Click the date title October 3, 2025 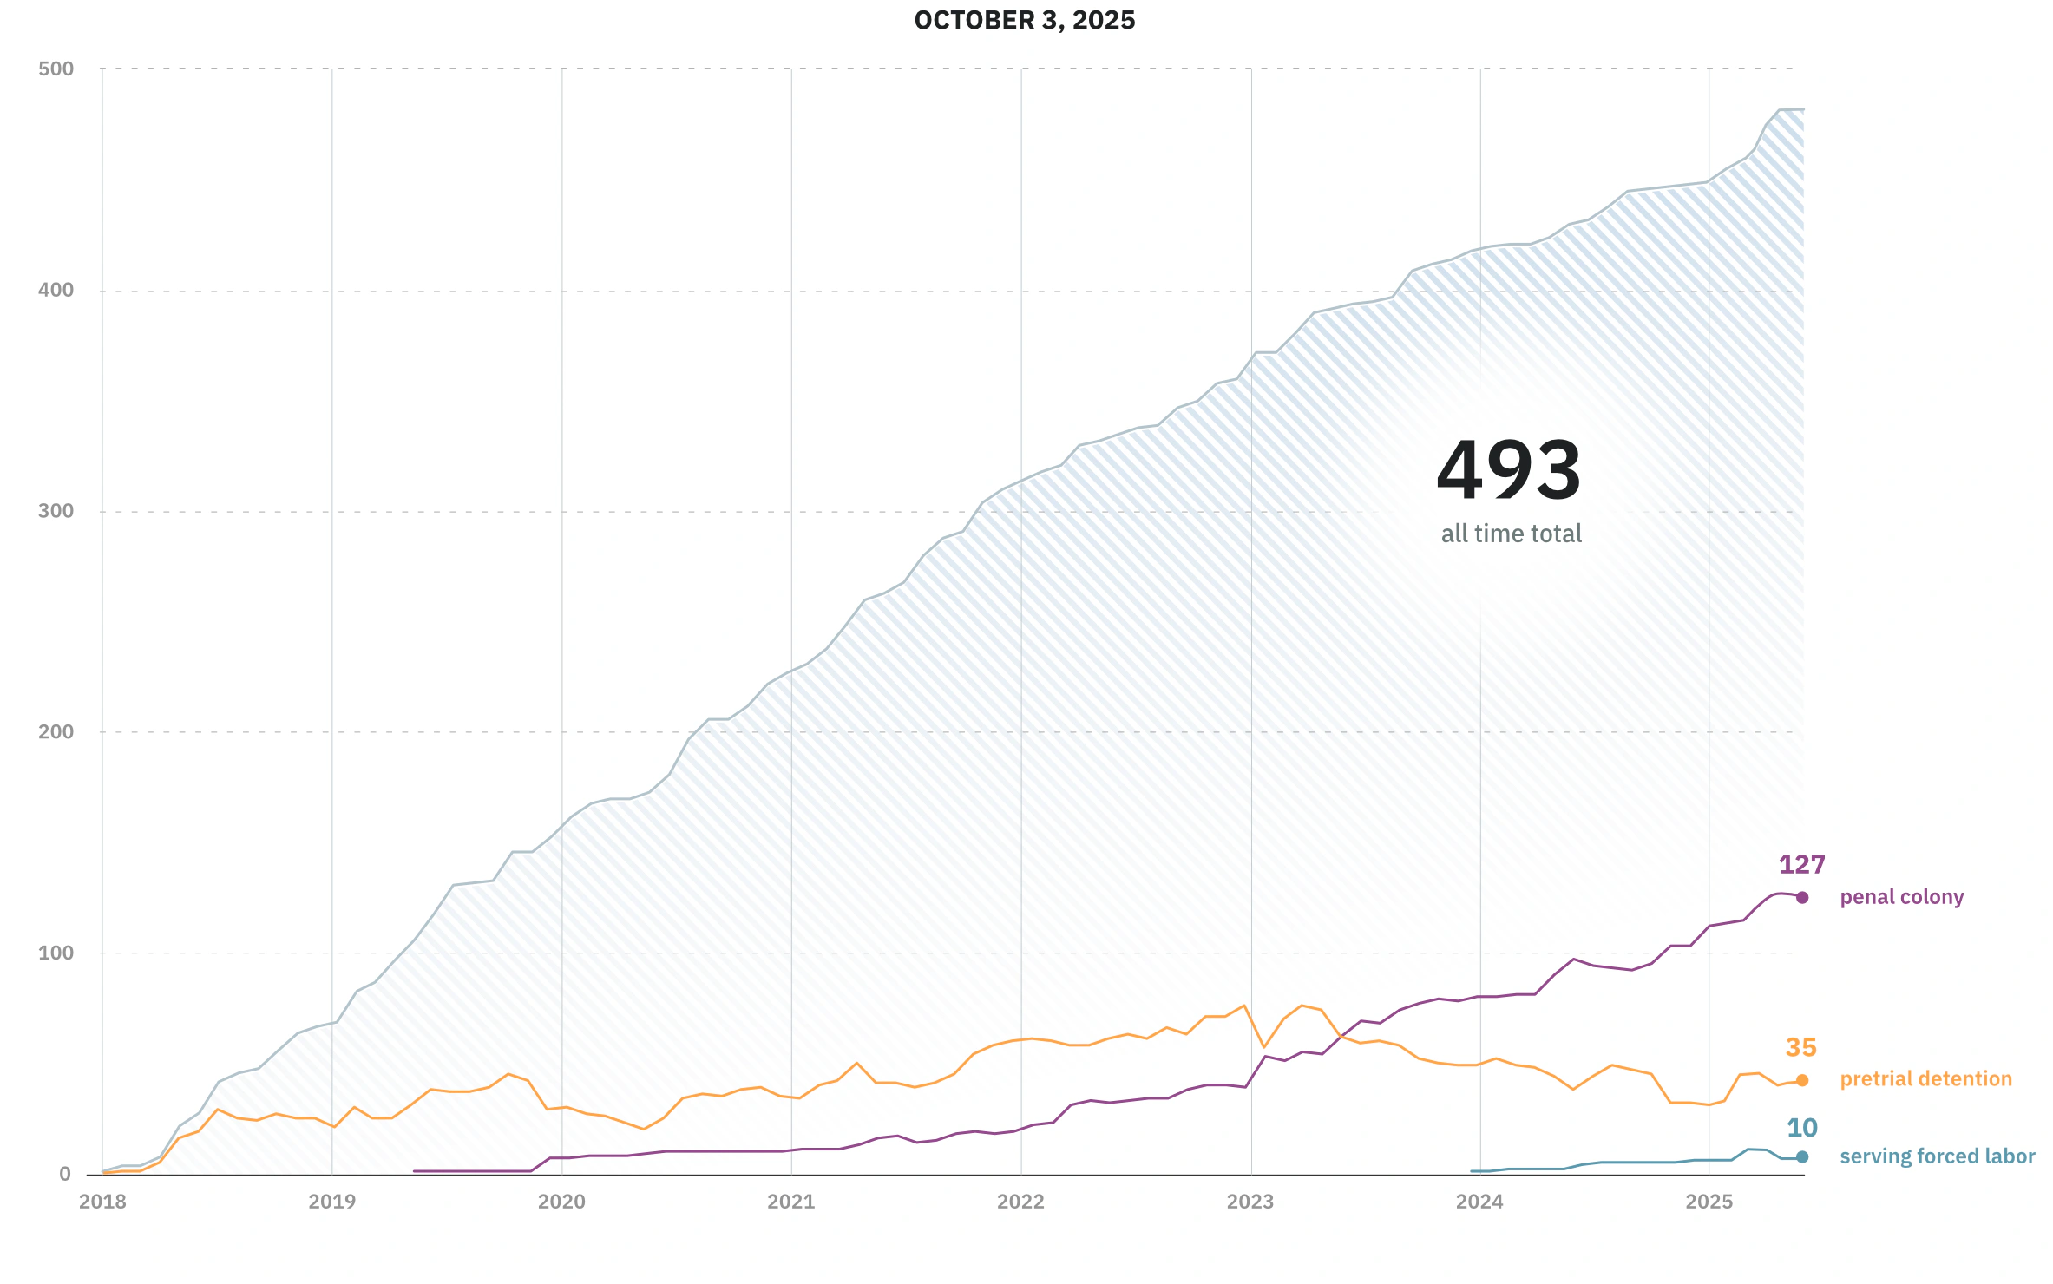1024,21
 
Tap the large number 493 1509,470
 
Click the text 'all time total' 1511,534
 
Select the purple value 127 1801,865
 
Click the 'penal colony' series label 1901,897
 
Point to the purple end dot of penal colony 1802,898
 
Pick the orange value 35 1800,1048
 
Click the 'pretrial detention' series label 1925,1079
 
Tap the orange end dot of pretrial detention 1802,1080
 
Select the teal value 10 1801,1128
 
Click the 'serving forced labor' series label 1937,1156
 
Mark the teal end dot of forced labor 1802,1156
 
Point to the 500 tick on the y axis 56,69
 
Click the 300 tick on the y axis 56,511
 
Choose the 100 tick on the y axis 56,953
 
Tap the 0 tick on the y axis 65,1174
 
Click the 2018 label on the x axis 102,1202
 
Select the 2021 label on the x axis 790,1202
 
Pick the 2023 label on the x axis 1250,1202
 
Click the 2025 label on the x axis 1709,1202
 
